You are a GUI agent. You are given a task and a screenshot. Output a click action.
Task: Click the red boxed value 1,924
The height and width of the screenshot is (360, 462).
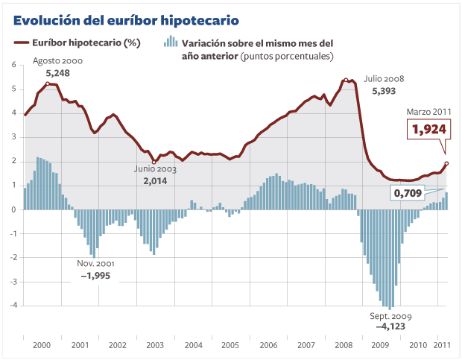(429, 130)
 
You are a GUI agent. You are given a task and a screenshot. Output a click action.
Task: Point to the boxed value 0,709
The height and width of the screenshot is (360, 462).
(408, 193)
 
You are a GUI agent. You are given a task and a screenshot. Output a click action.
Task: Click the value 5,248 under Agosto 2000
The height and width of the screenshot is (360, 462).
(57, 73)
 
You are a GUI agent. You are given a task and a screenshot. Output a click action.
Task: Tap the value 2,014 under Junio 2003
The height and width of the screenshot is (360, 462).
(154, 180)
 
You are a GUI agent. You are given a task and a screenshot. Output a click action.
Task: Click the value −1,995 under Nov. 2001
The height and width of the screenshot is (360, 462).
(96, 276)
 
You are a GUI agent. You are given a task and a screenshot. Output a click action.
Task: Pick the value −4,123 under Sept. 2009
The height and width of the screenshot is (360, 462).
(390, 326)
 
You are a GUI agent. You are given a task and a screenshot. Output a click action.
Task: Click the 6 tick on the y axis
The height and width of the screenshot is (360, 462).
(13, 65)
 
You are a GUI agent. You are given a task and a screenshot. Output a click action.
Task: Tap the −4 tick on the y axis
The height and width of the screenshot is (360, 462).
(13, 306)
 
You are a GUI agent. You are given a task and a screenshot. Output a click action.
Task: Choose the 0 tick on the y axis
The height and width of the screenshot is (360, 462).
(13, 209)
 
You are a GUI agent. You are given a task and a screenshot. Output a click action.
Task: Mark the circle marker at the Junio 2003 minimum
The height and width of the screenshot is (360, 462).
(154, 162)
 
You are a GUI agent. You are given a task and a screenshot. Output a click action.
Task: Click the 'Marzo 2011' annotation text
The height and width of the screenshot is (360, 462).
(428, 112)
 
